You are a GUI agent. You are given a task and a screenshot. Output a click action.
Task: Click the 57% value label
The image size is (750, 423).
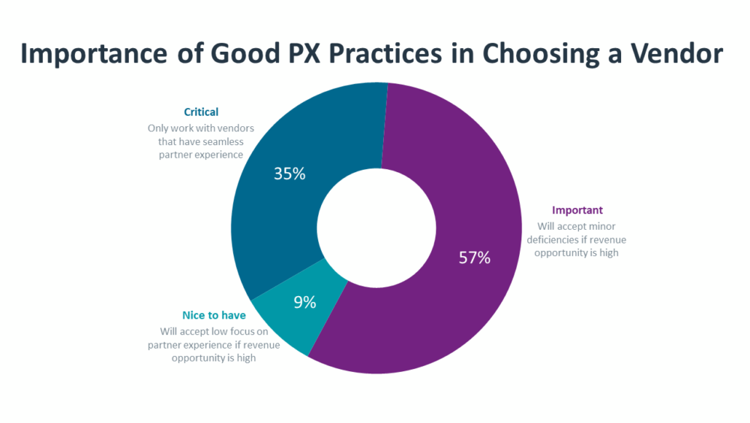(474, 258)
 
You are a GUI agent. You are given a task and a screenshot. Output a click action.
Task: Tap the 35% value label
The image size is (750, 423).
(289, 174)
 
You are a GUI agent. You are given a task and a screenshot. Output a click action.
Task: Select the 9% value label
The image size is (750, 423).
(304, 303)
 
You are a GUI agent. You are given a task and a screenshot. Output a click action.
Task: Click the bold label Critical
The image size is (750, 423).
(201, 113)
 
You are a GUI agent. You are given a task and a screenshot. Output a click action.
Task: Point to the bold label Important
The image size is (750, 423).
(577, 210)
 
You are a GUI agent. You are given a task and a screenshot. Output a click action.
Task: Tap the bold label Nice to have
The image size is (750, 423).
(214, 316)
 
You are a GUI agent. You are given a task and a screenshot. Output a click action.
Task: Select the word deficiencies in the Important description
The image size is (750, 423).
(570, 240)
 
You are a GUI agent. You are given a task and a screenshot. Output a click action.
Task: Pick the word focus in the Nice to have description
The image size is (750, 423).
(242, 331)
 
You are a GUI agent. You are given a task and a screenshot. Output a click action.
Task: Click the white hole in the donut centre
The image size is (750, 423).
(376, 226)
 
